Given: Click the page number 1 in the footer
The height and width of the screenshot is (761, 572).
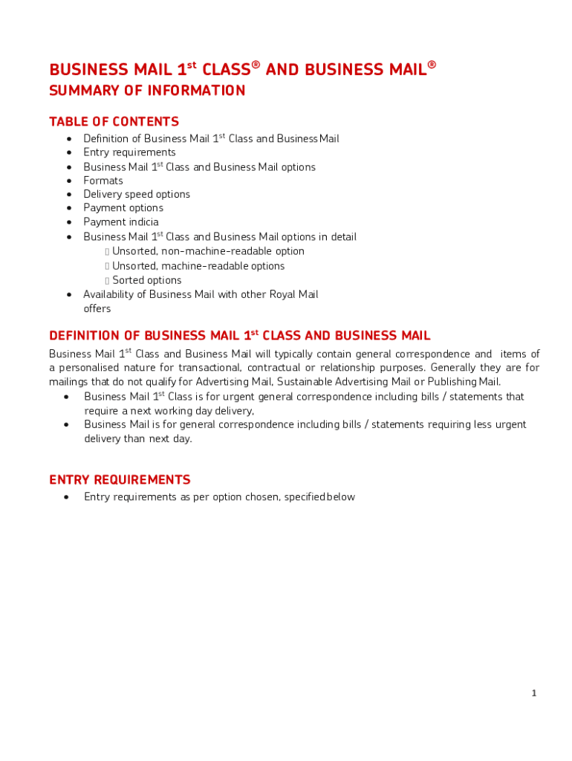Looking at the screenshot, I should click(533, 693).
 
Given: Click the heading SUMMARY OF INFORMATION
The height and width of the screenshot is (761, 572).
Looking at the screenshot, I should click(147, 91).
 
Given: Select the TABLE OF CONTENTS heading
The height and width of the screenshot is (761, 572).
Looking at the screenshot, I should click(114, 121).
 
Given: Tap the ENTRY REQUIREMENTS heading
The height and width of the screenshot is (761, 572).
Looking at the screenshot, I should click(120, 479).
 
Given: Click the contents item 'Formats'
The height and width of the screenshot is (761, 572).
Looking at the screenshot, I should click(103, 181).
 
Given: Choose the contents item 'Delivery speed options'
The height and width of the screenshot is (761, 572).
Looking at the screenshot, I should click(137, 194).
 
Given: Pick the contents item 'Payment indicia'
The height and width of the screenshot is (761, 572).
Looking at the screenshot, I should click(120, 221).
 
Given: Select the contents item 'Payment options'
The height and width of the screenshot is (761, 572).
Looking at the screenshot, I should click(123, 208).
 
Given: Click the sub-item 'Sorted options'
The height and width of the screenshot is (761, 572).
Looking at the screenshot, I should click(146, 280).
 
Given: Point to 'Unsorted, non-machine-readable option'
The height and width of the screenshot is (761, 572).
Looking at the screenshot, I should click(208, 251).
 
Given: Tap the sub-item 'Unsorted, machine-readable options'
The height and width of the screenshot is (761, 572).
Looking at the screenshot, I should click(198, 266).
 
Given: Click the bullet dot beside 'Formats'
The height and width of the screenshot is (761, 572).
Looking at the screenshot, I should click(69, 181).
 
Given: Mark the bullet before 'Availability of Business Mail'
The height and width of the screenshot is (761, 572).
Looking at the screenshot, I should click(69, 294).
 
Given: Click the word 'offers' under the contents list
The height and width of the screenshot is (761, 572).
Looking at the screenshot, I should click(97, 308).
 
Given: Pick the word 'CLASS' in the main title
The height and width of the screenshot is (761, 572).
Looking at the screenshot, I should click(224, 70).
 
